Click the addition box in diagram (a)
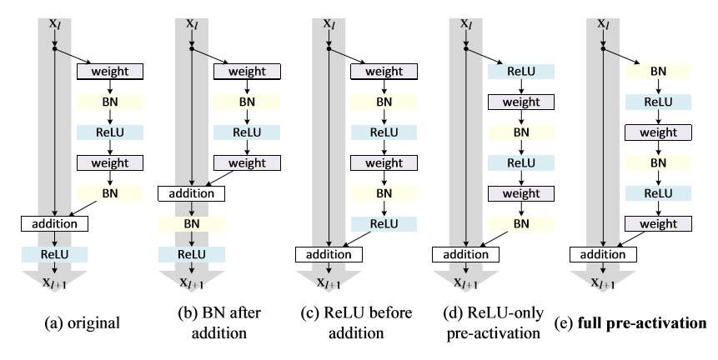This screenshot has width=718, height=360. click(54, 223)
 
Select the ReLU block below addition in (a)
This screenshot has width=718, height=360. click(54, 253)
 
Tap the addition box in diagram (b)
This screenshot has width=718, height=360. click(192, 193)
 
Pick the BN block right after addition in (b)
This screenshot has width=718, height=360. click(192, 223)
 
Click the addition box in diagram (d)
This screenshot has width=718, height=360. click(466, 252)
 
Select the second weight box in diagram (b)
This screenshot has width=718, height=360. click(246, 162)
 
